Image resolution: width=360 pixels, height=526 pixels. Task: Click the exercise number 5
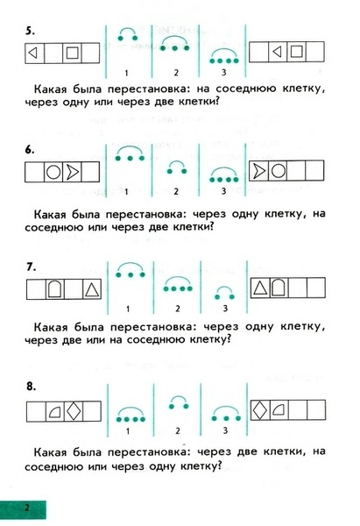click(30, 31)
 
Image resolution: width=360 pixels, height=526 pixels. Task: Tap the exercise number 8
click(31, 387)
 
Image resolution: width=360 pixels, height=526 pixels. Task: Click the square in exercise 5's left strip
click(72, 53)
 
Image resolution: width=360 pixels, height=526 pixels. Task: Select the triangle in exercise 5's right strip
click(277, 52)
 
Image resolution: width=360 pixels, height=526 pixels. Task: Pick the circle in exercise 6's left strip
click(53, 172)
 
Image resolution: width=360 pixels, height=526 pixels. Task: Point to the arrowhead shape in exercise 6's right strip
click(258, 171)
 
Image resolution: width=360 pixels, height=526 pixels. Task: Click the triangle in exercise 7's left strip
click(91, 290)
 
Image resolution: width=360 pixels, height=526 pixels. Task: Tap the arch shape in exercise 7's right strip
click(278, 288)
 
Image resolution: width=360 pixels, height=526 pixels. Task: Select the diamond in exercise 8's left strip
click(74, 411)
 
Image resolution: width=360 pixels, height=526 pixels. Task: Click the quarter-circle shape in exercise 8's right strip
click(279, 410)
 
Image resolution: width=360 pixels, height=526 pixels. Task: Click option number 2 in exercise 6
click(176, 191)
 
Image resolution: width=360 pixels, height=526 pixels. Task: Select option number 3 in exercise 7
click(225, 309)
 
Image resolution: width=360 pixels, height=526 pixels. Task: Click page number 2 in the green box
click(27, 508)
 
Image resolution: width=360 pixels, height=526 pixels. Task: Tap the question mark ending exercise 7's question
click(229, 339)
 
